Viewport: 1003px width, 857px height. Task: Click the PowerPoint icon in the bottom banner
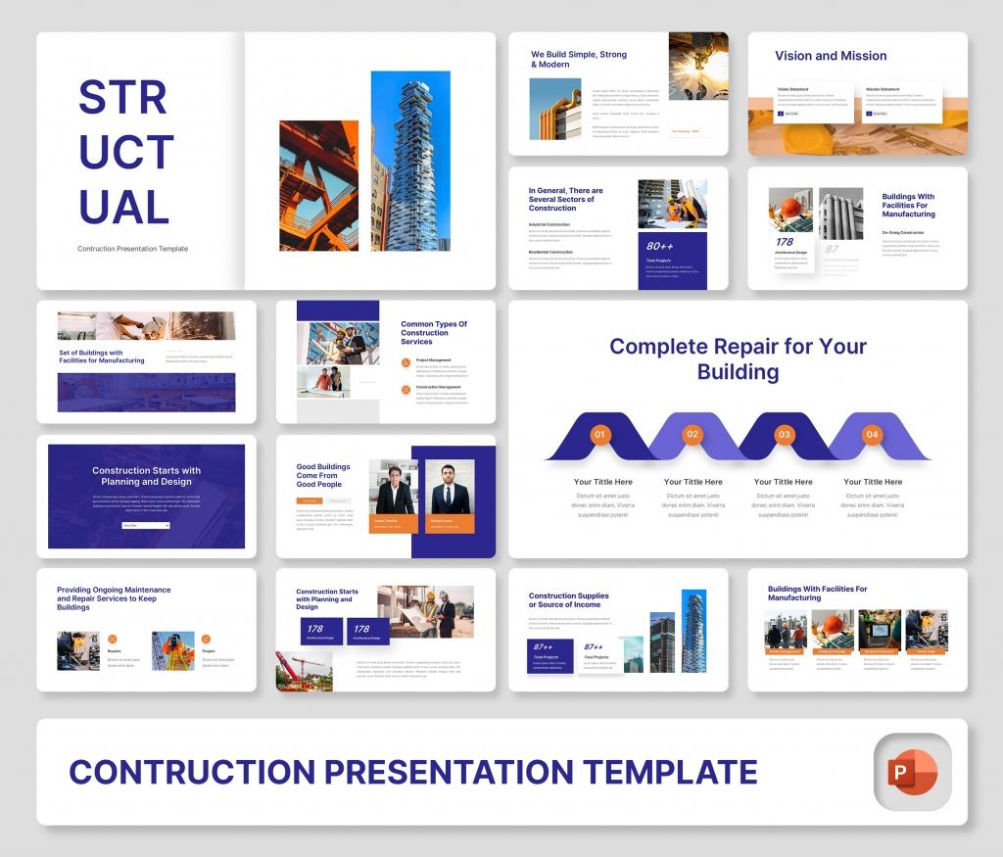coord(911,773)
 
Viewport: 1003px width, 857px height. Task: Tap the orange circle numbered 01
coord(600,434)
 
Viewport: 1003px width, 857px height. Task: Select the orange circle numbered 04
coord(872,434)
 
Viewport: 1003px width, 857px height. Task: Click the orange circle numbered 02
coord(693,434)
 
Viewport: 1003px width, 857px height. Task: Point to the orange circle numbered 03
coord(784,434)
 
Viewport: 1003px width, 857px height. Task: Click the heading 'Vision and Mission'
coord(831,56)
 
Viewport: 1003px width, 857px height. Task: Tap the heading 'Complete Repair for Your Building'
coord(738,358)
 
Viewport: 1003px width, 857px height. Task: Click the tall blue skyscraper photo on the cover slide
coord(410,161)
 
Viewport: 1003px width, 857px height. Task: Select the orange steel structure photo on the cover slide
coord(318,185)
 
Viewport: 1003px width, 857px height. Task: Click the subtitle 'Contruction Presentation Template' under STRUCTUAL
coord(132,249)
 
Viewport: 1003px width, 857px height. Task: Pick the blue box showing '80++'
coord(672,260)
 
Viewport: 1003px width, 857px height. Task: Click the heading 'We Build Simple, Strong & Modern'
coord(578,60)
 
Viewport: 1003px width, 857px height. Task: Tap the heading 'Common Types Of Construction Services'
coord(434,333)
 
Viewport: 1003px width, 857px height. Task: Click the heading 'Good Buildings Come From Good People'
coord(322,475)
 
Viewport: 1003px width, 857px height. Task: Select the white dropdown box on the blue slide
coord(146,526)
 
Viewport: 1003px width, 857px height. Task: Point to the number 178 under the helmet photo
coord(786,242)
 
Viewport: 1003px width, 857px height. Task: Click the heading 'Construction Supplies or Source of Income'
coord(568,600)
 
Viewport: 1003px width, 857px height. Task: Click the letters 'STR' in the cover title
coord(122,98)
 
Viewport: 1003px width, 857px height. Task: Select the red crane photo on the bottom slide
coord(305,671)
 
